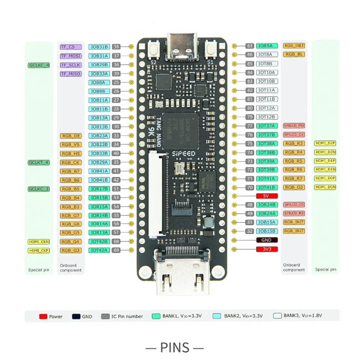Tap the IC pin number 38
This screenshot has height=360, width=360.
(x=116, y=47)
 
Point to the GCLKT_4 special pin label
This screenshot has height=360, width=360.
(x=39, y=163)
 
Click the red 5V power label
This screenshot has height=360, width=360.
(x=266, y=196)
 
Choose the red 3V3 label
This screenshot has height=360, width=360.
(x=266, y=249)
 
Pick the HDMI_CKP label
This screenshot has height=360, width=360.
(x=39, y=250)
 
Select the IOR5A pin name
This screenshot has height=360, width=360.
(x=266, y=46)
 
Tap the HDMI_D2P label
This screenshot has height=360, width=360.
(x=325, y=143)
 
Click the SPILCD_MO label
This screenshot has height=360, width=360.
(x=294, y=126)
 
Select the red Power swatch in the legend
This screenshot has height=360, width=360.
(x=43, y=316)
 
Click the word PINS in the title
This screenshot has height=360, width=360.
(x=175, y=348)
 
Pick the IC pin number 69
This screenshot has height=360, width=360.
(x=116, y=250)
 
